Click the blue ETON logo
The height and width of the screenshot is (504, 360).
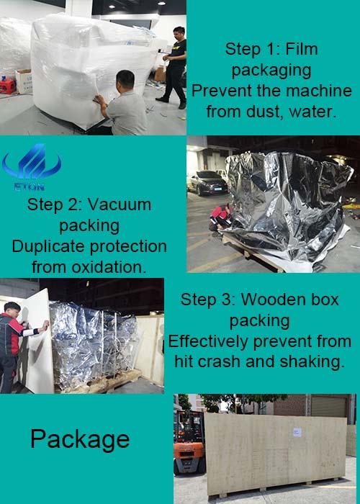click(x=32, y=166)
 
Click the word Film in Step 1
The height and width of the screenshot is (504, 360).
click(x=302, y=49)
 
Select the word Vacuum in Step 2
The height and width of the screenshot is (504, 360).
click(x=120, y=204)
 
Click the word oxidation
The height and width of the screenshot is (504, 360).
click(x=109, y=267)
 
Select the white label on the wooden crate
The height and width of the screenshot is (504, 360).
click(x=297, y=432)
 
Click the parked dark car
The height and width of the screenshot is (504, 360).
click(x=207, y=183)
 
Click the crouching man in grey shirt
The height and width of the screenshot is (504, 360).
click(x=123, y=104)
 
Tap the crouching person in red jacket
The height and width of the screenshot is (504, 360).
click(x=220, y=217)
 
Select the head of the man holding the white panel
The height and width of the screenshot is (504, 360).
click(x=12, y=309)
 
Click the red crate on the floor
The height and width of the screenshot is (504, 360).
click(x=8, y=86)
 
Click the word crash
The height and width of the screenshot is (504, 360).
click(x=220, y=362)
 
